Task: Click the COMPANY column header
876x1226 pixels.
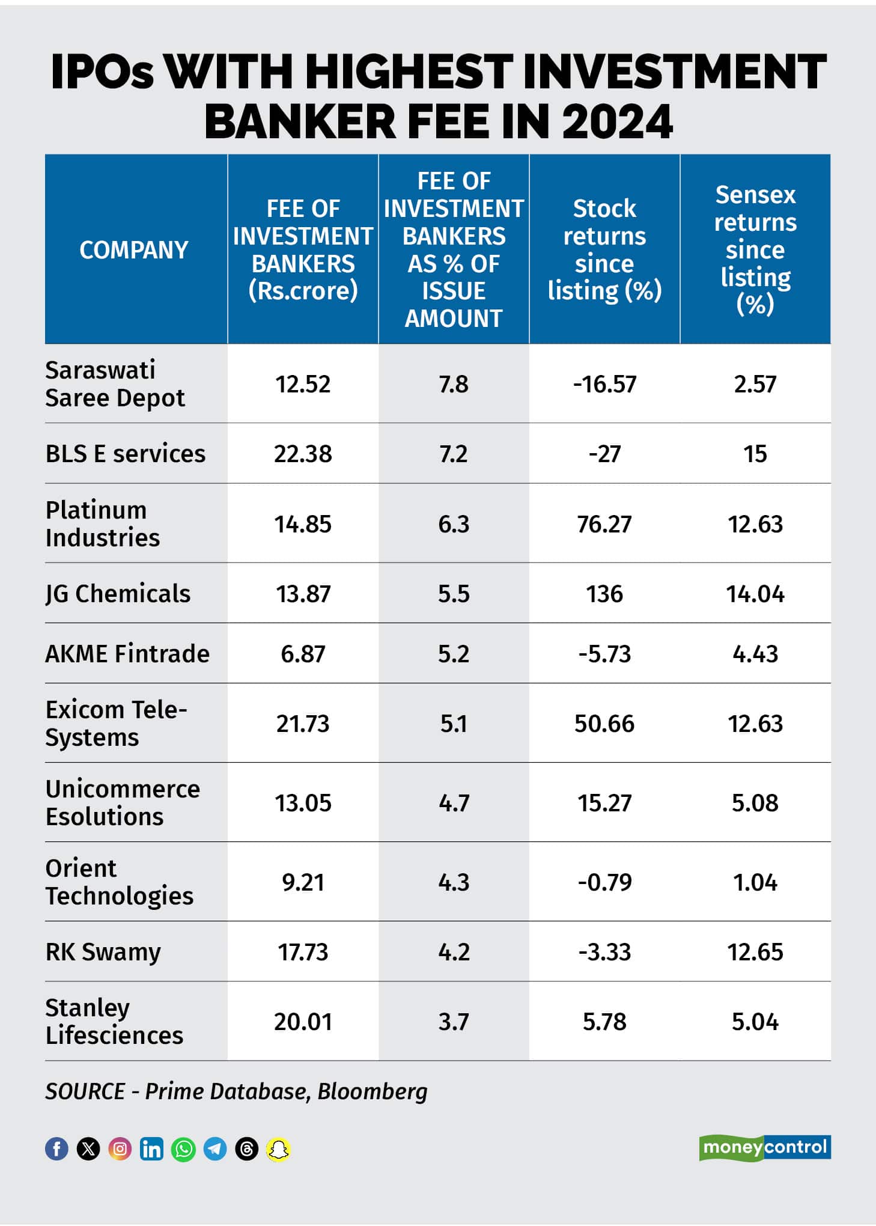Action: pos(134,250)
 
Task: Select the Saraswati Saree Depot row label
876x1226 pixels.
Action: pos(115,384)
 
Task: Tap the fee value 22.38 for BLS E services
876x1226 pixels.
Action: pos(303,454)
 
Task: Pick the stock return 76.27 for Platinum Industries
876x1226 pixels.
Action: pos(604,524)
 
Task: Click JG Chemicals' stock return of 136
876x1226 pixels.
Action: pos(604,594)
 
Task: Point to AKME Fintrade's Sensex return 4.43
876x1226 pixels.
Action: pos(755,654)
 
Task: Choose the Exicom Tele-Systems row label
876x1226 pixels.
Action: pos(116,723)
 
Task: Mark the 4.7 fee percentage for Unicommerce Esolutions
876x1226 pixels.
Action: pos(454,803)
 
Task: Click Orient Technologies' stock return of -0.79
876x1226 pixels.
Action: pos(604,882)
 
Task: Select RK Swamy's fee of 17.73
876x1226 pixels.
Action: pos(303,952)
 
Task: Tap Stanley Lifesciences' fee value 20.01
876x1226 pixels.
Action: pos(303,1022)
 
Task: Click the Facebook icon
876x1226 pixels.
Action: pos(57,1148)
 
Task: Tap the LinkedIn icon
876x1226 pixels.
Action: pos(151,1148)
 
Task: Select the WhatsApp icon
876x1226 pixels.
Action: pos(183,1148)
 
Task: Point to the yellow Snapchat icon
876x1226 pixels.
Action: pos(278,1148)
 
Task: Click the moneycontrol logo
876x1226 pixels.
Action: pos(764,1147)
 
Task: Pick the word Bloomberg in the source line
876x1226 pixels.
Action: pos(372,1091)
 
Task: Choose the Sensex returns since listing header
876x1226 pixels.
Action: pos(755,249)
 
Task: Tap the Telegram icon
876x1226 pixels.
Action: pos(215,1148)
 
